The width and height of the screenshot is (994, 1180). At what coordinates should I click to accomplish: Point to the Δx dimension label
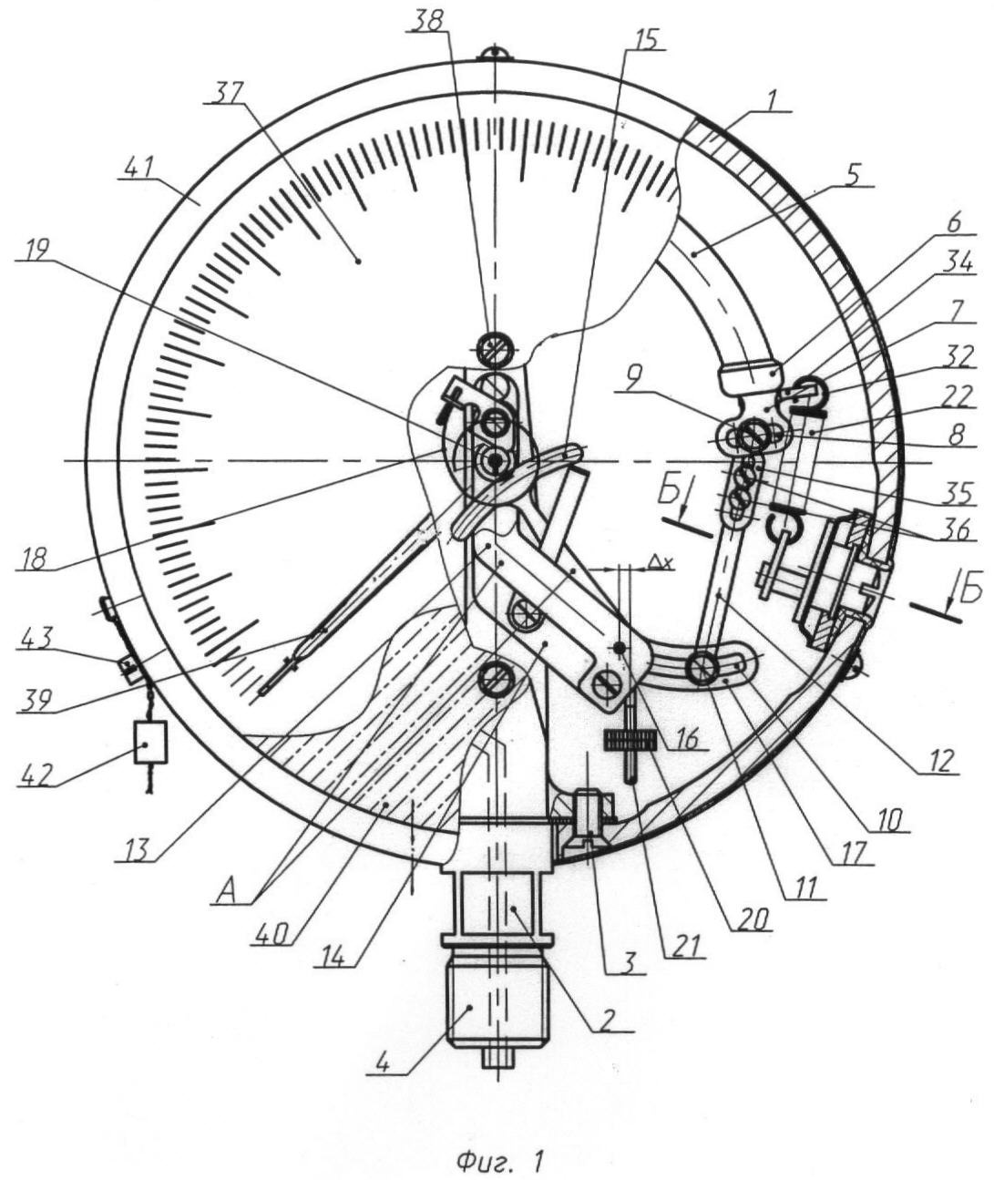(662, 565)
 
